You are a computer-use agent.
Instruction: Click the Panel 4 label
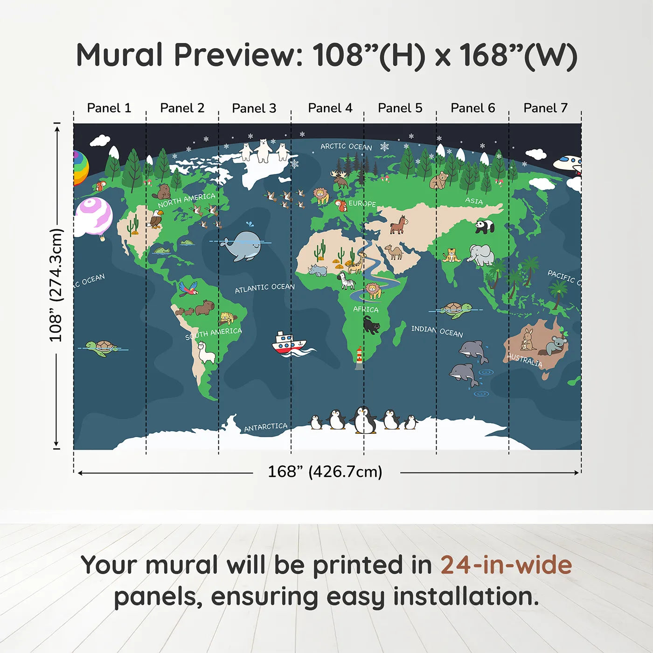pyautogui.click(x=330, y=108)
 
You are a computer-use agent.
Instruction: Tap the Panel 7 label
pyautogui.click(x=545, y=108)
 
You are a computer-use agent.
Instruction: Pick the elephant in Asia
pyautogui.click(x=480, y=255)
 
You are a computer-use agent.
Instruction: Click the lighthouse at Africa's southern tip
pyautogui.click(x=359, y=357)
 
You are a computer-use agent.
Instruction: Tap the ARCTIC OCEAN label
pyautogui.click(x=347, y=147)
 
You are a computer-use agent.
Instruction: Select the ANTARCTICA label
pyautogui.click(x=266, y=427)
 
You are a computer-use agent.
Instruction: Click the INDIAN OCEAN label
pyautogui.click(x=437, y=332)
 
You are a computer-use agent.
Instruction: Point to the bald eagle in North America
pyautogui.click(x=155, y=218)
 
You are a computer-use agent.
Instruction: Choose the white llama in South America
pyautogui.click(x=206, y=353)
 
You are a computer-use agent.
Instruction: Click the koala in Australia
pyautogui.click(x=556, y=345)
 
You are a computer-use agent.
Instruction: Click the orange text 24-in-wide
pyautogui.click(x=506, y=565)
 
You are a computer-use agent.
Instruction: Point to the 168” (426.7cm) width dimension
pyautogui.click(x=325, y=472)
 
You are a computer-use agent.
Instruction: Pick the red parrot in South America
pyautogui.click(x=188, y=288)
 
